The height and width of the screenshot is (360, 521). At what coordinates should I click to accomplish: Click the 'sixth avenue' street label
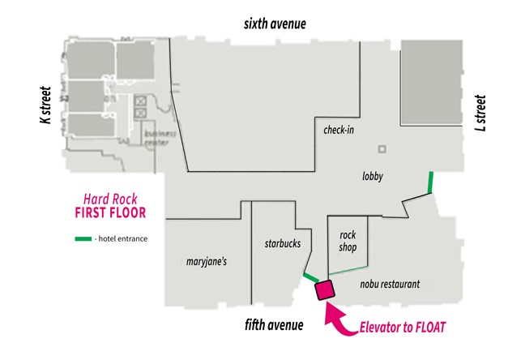[275, 24]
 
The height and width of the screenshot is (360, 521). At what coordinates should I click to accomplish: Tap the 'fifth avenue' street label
[274, 325]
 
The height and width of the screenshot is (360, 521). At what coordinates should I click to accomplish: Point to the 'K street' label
[46, 105]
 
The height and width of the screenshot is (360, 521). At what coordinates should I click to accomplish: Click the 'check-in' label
[339, 130]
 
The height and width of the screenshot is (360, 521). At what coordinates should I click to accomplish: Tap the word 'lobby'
[373, 177]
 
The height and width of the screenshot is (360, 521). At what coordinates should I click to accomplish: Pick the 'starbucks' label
[283, 242]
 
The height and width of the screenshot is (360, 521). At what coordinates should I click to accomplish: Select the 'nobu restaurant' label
[390, 285]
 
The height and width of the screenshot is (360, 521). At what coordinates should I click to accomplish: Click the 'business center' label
[157, 137]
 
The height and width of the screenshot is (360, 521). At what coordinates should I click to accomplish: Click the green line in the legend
[83, 239]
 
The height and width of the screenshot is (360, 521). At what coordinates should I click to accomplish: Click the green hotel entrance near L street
[429, 182]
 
